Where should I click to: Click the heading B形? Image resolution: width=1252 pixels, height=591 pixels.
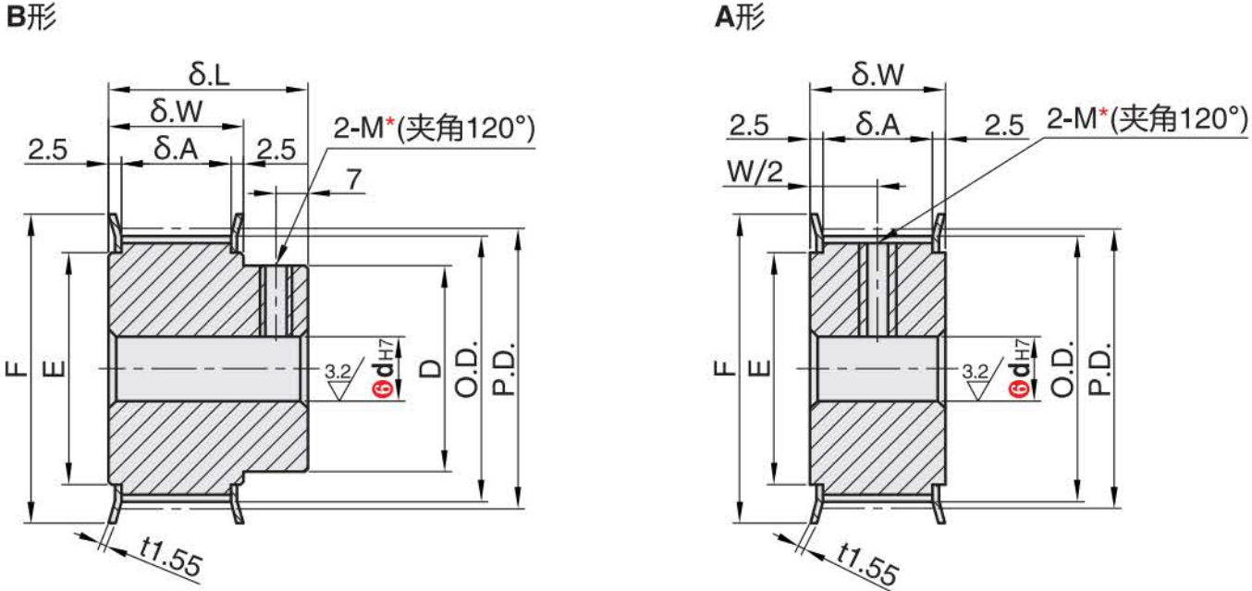(x=31, y=18)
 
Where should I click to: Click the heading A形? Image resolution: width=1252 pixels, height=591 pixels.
(x=739, y=18)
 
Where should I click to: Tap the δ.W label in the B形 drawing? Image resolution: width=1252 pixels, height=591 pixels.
(x=176, y=113)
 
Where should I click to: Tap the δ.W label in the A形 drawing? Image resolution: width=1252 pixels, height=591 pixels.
(x=878, y=75)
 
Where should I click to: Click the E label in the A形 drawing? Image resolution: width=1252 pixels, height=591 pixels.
(x=758, y=369)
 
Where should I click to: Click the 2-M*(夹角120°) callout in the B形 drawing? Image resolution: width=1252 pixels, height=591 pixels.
(x=435, y=129)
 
